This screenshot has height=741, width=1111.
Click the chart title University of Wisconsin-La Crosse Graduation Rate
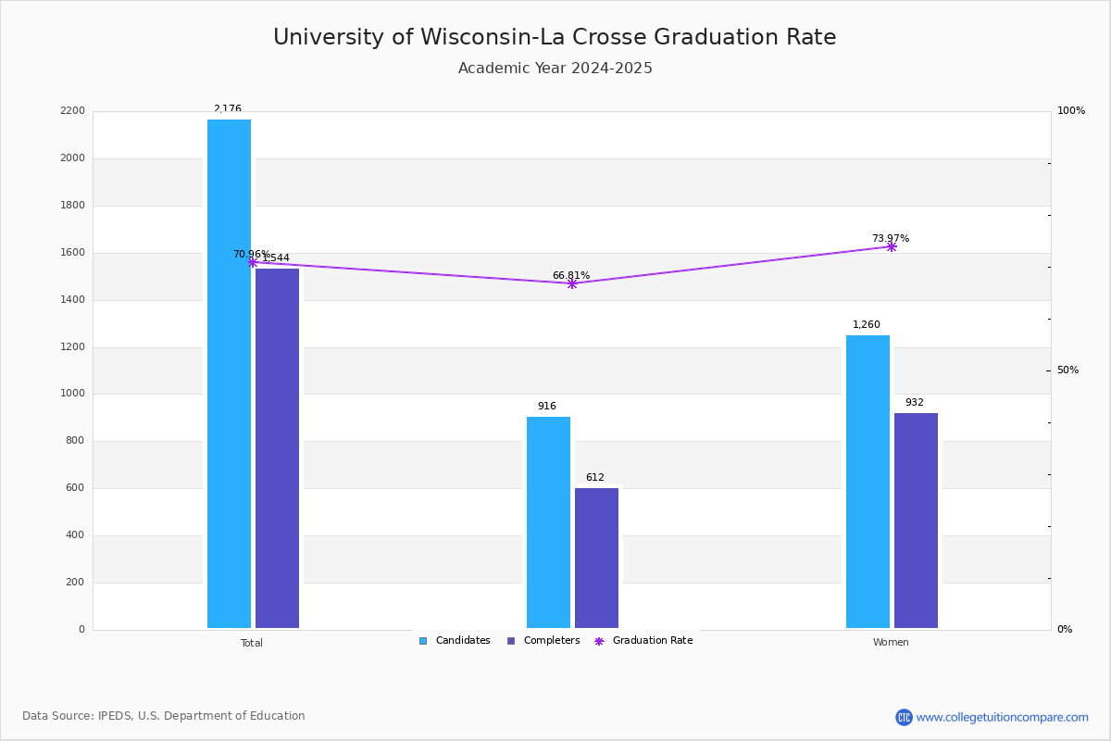[555, 38]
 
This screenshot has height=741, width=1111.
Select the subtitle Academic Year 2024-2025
[555, 69]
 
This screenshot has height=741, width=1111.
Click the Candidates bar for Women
[868, 482]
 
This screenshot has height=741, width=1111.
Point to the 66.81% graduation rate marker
[572, 283]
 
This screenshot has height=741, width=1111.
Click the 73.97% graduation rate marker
[892, 246]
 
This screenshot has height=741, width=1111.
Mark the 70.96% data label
[251, 254]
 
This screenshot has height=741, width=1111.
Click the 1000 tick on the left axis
[74, 394]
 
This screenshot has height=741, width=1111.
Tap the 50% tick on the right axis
[1067, 370]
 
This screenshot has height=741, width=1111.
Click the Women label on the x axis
[891, 643]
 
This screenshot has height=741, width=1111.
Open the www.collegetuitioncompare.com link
[1002, 717]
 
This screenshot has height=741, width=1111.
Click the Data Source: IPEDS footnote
[164, 716]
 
